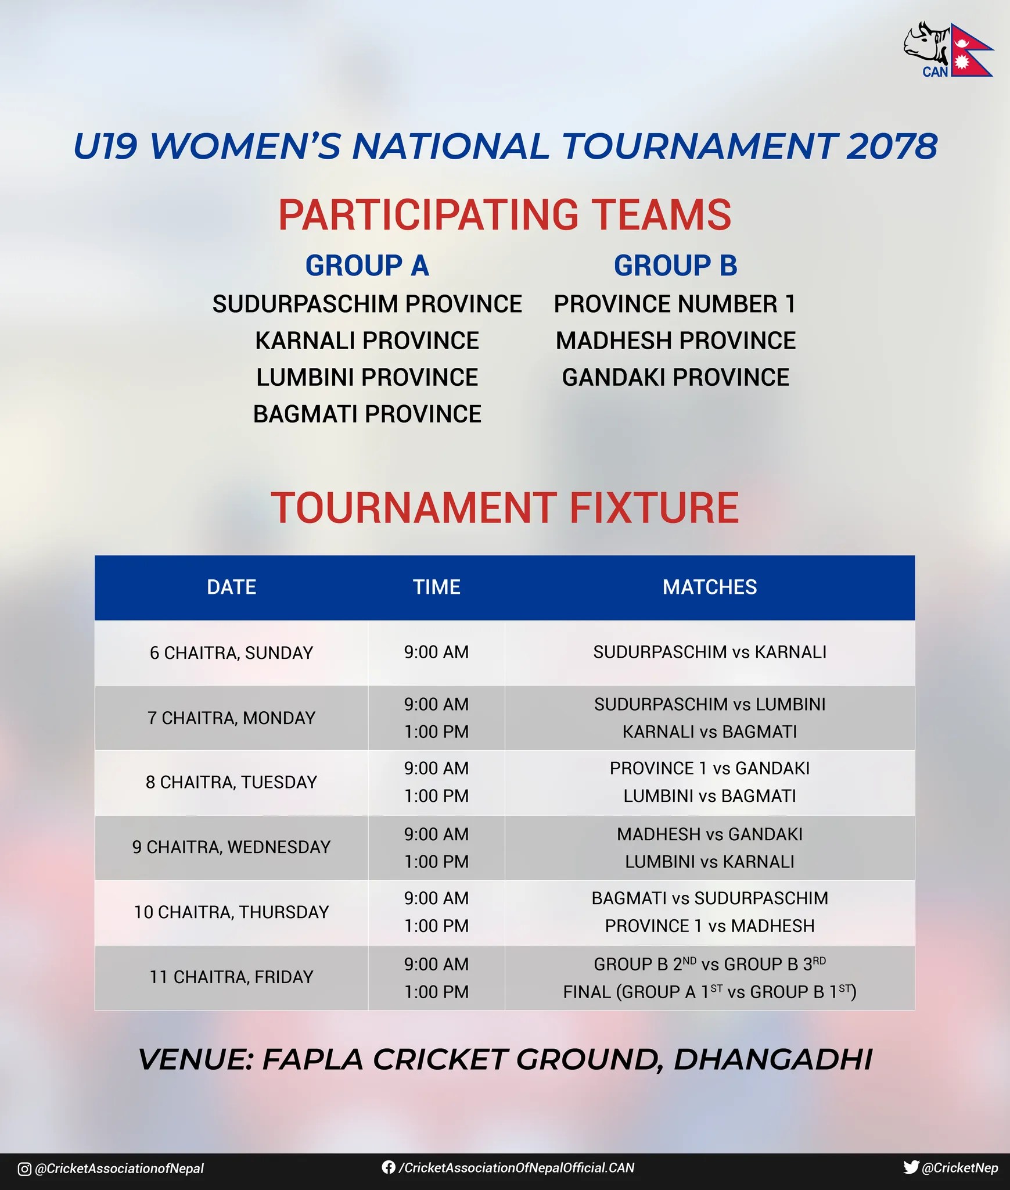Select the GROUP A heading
367,266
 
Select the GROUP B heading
675,266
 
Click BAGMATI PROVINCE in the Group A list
367,414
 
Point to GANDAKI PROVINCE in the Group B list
675,378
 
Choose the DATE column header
231,587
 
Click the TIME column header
437,587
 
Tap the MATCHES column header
710,587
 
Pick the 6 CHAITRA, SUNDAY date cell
231,653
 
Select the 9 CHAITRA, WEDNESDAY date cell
231,847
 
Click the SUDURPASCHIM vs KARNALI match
710,652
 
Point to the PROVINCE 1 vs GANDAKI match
710,768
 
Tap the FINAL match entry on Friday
710,991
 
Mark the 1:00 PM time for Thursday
437,926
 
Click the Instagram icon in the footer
24,1169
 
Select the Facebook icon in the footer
389,1167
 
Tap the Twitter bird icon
911,1167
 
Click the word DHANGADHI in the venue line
773,1060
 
